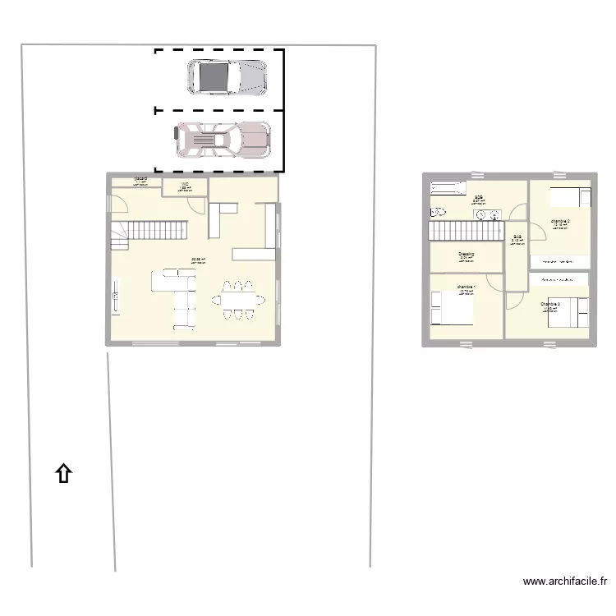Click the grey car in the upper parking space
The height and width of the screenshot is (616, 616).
click(228, 77)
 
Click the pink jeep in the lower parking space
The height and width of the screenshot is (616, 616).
click(223, 140)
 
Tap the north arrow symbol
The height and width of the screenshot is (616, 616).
click(63, 473)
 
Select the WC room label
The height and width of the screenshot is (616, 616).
click(185, 185)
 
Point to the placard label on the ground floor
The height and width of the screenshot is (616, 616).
click(140, 178)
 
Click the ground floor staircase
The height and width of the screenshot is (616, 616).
click(156, 230)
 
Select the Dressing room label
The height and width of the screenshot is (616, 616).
click(466, 255)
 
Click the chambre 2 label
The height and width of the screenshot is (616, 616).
click(560, 222)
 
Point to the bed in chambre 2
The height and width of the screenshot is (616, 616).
click(569, 197)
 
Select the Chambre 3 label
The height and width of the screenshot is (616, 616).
click(549, 305)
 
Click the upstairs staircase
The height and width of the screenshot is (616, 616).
click(464, 232)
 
